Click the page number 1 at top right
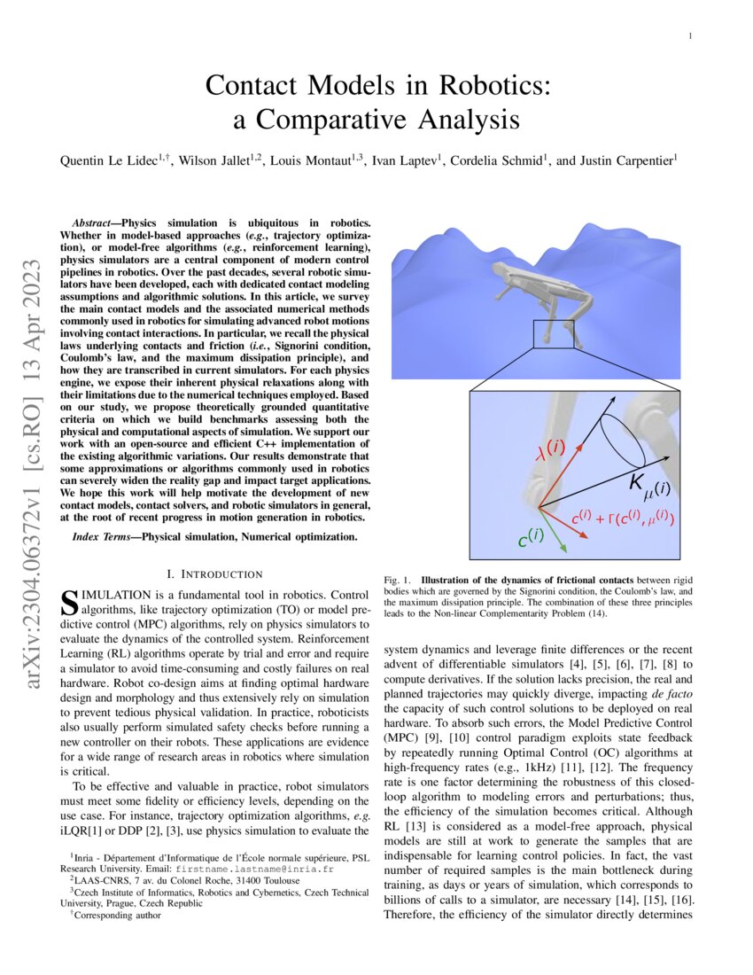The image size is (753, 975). tap(689, 35)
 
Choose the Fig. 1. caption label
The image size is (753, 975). tap(396, 578)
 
